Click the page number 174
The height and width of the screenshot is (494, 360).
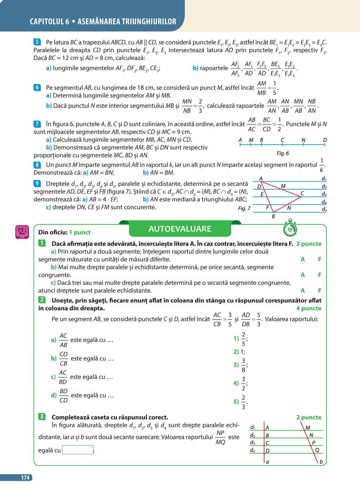coord(25,477)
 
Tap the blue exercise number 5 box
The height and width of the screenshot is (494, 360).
coord(37,42)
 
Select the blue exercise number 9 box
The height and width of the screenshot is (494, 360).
coord(37,183)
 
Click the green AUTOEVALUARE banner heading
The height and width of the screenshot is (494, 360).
coord(180,229)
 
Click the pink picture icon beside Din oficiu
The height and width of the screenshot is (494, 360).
coord(22,232)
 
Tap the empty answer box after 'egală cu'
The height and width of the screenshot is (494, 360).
coord(78,450)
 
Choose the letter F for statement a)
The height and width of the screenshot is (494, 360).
coord(319,259)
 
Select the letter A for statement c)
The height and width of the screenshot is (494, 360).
coord(303,290)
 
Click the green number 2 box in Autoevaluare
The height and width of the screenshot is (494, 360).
coord(42,300)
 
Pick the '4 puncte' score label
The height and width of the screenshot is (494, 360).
coord(309,308)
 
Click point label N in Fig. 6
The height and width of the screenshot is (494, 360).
coord(303,140)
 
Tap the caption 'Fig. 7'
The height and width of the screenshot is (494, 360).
coord(244,208)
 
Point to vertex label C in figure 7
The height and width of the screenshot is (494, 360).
coord(302,194)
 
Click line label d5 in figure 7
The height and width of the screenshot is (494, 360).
coord(324,209)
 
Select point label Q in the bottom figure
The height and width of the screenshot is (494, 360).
coord(317,450)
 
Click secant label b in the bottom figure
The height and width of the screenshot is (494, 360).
coord(321,462)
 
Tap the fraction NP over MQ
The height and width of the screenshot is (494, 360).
coord(220,437)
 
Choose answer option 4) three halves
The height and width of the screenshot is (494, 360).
coord(240,384)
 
